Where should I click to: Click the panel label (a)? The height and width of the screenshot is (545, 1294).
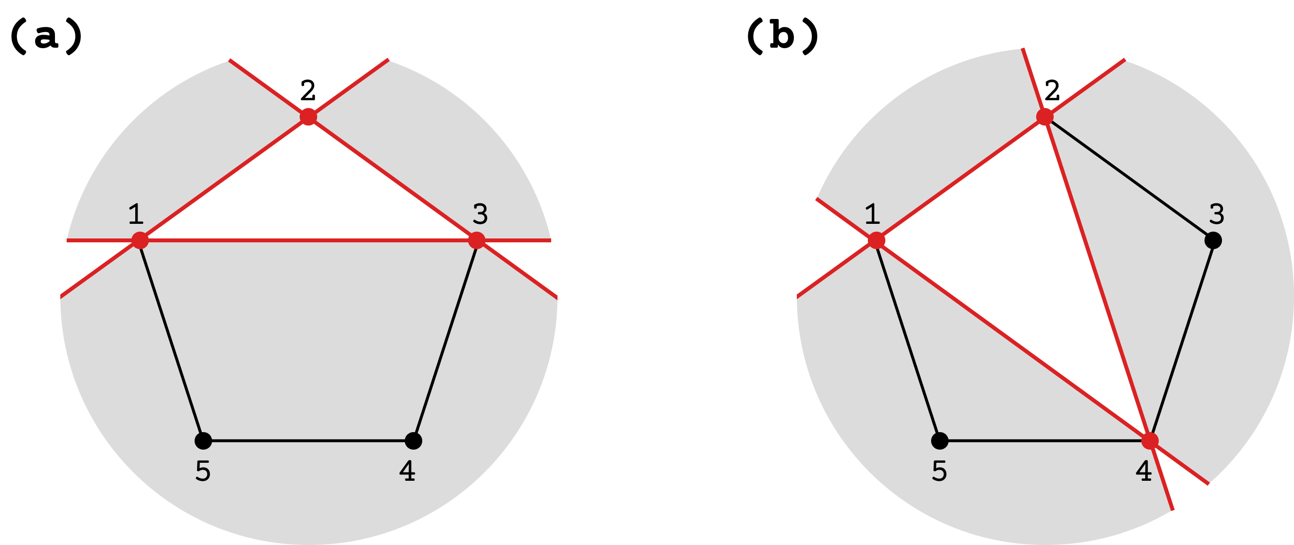click(46, 36)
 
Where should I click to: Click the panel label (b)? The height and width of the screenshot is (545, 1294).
click(783, 36)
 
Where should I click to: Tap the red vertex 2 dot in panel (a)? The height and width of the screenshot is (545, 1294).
click(308, 116)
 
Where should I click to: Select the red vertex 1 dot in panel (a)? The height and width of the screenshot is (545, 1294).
click(140, 240)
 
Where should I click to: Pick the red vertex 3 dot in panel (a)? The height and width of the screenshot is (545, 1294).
click(476, 240)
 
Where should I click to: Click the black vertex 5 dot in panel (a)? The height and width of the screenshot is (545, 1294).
click(203, 440)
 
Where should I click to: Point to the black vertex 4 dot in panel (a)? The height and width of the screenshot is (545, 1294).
click(413, 440)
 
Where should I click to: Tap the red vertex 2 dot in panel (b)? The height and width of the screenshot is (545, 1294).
click(1045, 116)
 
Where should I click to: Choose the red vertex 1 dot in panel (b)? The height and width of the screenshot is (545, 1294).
click(877, 240)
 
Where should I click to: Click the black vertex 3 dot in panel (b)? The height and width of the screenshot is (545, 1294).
click(1213, 240)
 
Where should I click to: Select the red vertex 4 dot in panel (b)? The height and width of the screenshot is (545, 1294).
click(1150, 440)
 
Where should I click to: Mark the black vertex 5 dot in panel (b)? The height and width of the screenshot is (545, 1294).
click(939, 440)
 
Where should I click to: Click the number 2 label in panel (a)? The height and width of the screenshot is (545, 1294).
click(308, 91)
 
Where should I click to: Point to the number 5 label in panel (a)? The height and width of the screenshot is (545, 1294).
click(203, 471)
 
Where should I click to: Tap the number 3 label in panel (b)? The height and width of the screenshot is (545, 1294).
click(1217, 214)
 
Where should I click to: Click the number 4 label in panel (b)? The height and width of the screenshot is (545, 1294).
click(1144, 471)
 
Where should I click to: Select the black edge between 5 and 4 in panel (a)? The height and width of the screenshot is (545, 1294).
click(308, 440)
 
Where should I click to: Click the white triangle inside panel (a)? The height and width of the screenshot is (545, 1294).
click(308, 201)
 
